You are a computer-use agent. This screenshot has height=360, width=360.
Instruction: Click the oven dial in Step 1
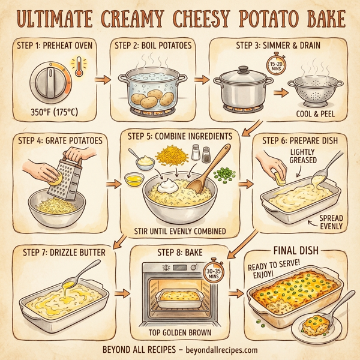click(x=49, y=82)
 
